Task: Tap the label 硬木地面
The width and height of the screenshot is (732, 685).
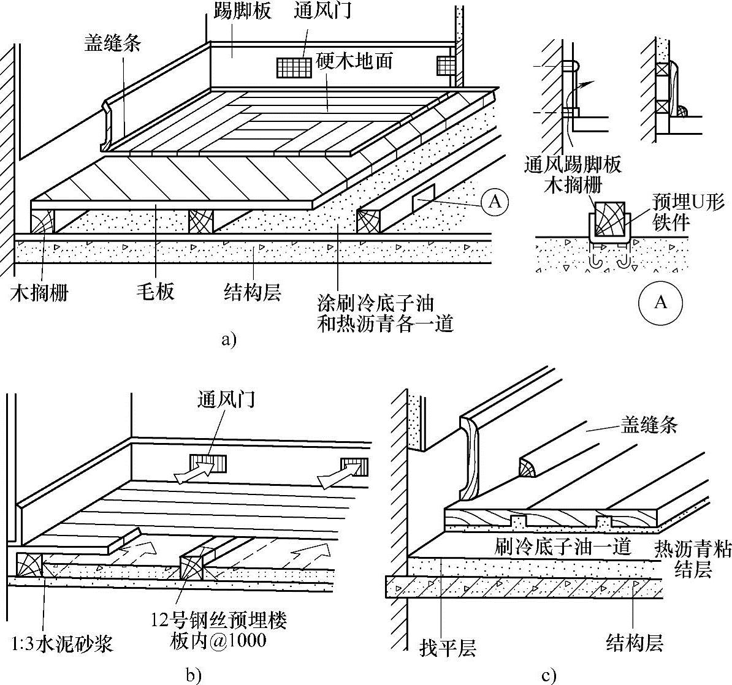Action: coord(355,62)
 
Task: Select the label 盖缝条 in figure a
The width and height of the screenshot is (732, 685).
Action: coord(113,44)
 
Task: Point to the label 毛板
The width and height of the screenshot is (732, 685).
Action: coord(156,292)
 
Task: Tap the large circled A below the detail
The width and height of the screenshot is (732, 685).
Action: coord(660,302)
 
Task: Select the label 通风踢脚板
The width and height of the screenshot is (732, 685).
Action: coord(573,164)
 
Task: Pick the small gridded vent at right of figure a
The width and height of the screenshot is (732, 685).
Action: coord(446,65)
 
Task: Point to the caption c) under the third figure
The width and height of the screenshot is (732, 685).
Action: coord(549,675)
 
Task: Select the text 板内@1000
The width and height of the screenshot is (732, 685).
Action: coord(218,641)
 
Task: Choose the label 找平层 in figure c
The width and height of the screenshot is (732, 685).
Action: coord(448,646)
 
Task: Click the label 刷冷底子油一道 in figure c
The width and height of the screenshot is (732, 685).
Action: coord(563,547)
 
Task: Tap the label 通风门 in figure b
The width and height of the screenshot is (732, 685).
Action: coord(226,400)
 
